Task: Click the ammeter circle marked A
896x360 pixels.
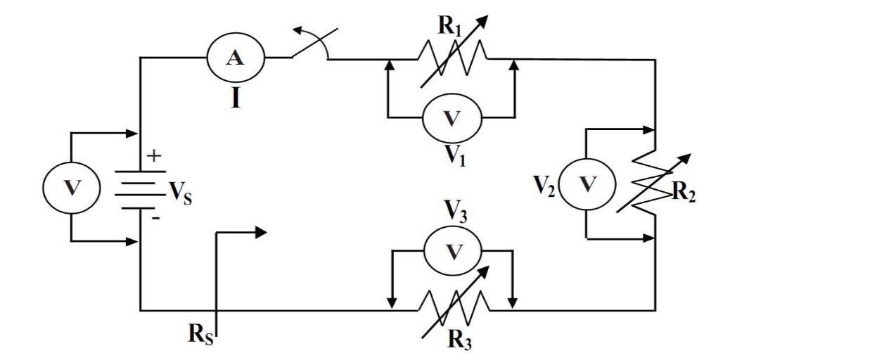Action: click(x=235, y=58)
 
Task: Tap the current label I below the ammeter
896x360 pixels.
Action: click(x=236, y=98)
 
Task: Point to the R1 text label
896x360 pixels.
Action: click(x=449, y=26)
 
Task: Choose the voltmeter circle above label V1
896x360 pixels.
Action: click(x=452, y=117)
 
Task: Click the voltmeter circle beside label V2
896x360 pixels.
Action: click(x=587, y=185)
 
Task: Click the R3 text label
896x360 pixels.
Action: click(x=460, y=340)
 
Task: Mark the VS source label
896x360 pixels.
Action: click(x=179, y=192)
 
